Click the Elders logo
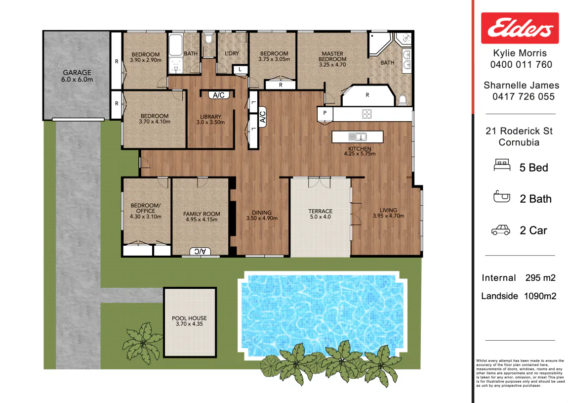click(x=520, y=28)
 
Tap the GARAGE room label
click(x=77, y=73)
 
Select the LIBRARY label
click(x=210, y=117)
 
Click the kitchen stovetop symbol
click(x=366, y=114)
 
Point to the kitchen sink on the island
click(x=358, y=137)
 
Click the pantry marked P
click(x=325, y=114)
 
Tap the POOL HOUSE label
click(x=190, y=318)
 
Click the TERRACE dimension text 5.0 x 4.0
click(x=320, y=217)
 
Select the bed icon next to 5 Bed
click(x=502, y=165)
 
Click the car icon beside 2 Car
click(x=501, y=230)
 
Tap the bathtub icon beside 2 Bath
click(x=502, y=197)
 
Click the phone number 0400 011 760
click(x=521, y=65)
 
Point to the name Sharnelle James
click(x=521, y=85)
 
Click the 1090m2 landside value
click(x=540, y=296)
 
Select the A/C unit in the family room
click(x=200, y=251)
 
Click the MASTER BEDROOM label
click(x=332, y=56)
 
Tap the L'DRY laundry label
click(x=232, y=53)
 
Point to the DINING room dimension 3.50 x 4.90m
click(x=262, y=219)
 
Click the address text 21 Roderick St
click(x=519, y=131)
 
